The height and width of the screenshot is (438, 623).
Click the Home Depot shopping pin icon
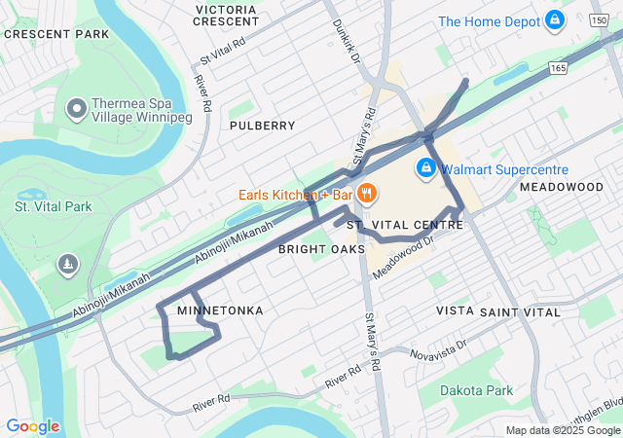[x=555, y=18]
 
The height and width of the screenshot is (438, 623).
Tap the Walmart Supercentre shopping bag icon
[x=425, y=168]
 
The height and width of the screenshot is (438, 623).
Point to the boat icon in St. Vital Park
[x=67, y=264]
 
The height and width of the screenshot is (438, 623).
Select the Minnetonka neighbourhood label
[x=220, y=310]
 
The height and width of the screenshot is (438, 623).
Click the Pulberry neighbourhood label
[x=262, y=126]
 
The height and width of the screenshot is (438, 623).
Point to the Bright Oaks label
[x=321, y=249]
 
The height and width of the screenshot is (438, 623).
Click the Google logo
[x=32, y=426]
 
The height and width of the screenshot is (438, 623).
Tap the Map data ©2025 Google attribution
[x=562, y=430]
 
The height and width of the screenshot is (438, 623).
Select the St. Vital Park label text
[x=54, y=206]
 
